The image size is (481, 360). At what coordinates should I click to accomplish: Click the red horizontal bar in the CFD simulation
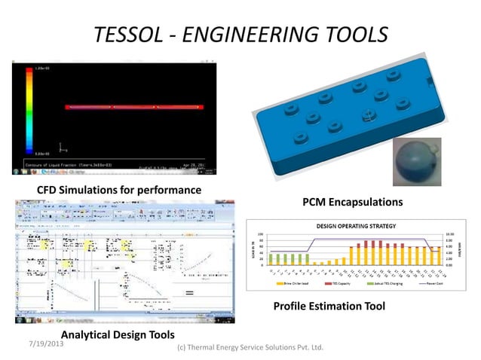click(x=134, y=108)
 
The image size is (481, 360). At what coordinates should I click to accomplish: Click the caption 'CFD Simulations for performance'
click(x=119, y=189)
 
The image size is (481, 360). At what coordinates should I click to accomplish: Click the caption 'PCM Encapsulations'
click(x=352, y=202)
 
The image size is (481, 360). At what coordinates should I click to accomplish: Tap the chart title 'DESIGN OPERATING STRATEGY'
click(x=357, y=226)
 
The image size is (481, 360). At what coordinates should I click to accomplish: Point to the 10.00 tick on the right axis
click(x=450, y=234)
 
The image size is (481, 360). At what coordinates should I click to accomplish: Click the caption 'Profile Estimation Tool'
click(x=329, y=306)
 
